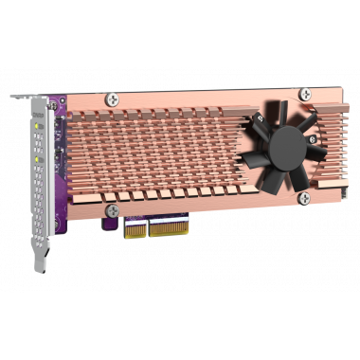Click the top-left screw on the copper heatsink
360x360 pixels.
(x=111, y=98)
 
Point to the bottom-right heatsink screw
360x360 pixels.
(x=303, y=197)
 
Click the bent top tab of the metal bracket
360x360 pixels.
(x=28, y=99)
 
